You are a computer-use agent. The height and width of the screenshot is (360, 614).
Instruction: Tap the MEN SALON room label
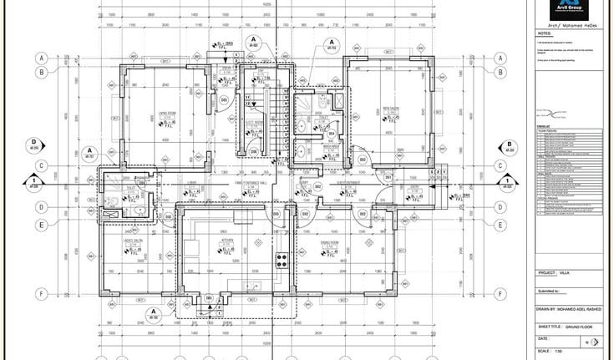[x=387, y=107]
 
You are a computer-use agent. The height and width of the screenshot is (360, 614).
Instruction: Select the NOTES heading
[x=545, y=34]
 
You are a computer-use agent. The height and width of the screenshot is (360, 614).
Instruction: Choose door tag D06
[x=253, y=151]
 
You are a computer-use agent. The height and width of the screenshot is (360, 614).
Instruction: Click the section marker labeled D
[x=34, y=143]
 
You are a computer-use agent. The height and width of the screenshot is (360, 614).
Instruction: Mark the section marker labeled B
[x=508, y=144]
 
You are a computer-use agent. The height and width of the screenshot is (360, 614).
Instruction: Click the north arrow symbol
[x=593, y=342]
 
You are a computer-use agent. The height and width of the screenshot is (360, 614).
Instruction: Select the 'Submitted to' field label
[x=551, y=291]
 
